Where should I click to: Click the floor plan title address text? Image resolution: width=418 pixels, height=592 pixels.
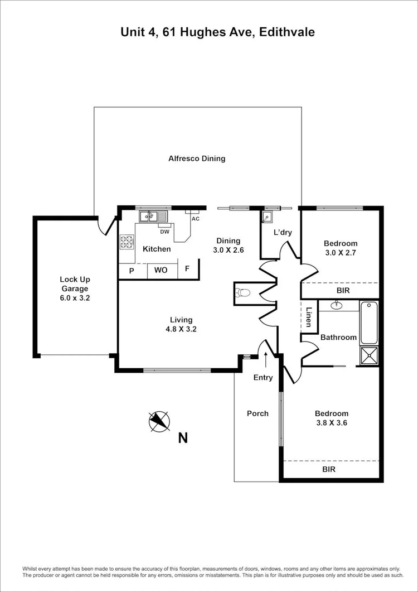[x=217, y=32]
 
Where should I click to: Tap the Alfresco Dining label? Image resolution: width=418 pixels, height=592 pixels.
[x=197, y=158]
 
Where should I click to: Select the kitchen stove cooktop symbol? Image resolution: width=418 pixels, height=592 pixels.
[x=127, y=242]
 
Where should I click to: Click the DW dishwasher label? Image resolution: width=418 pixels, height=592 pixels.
[x=164, y=232]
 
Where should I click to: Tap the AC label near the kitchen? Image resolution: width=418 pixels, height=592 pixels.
[x=195, y=219]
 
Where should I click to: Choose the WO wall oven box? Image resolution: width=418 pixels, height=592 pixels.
[x=161, y=270]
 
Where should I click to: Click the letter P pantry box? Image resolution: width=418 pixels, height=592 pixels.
[x=132, y=270]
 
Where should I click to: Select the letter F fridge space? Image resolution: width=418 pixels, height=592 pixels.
[x=187, y=269]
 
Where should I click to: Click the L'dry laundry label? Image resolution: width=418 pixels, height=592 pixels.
[x=282, y=233]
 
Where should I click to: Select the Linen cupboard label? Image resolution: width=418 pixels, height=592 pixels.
[x=309, y=316]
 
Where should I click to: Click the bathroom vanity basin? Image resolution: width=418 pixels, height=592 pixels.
[x=336, y=305]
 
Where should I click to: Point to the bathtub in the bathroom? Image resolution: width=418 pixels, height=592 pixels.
[x=368, y=323]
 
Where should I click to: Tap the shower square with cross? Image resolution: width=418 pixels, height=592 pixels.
[x=369, y=355]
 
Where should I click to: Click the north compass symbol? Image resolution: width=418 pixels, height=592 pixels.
[x=159, y=421]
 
